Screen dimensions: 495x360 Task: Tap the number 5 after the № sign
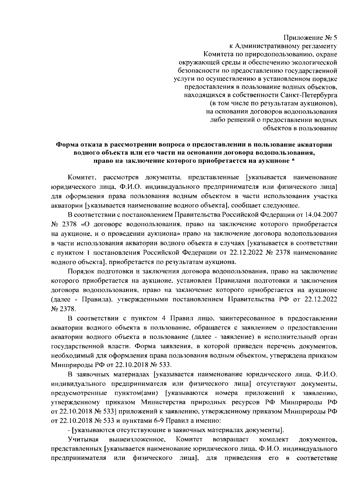335,38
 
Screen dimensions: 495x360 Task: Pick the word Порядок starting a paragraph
82,272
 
